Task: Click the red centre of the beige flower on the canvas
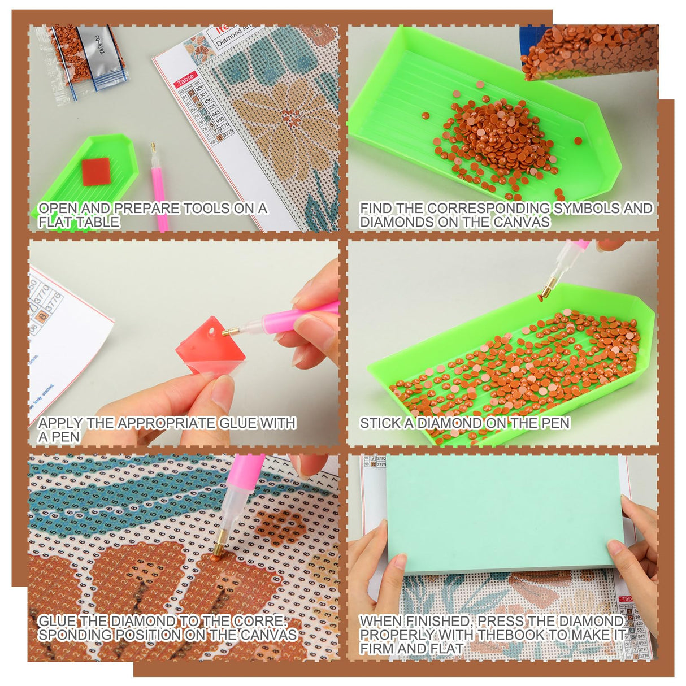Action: pyautogui.click(x=292, y=118)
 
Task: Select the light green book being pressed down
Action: pyautogui.click(x=503, y=509)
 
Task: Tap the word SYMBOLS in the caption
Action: pyautogui.click(x=585, y=209)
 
